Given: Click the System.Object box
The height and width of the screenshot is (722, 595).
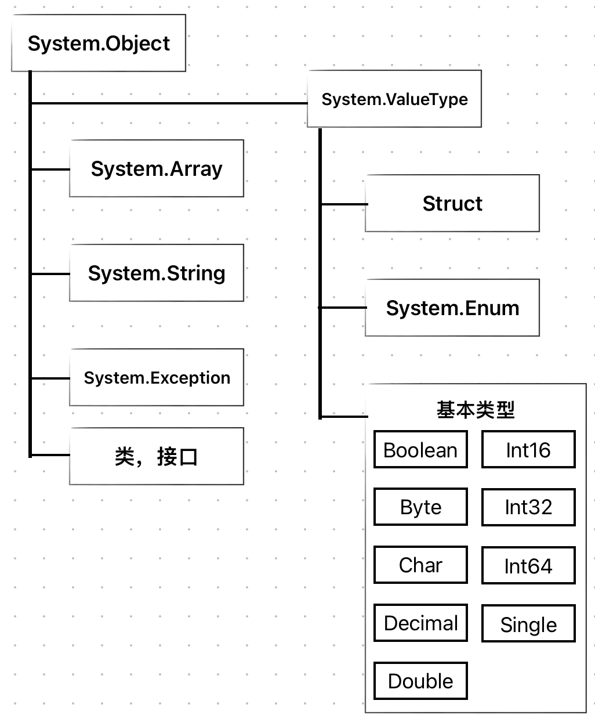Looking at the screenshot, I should click(x=99, y=44).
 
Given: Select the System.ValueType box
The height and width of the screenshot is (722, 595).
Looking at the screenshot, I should click(x=394, y=99).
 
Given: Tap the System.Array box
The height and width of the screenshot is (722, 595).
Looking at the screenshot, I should click(x=157, y=169).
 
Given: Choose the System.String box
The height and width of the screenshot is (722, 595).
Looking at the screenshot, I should click(x=157, y=273).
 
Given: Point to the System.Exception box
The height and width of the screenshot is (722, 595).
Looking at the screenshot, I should click(x=157, y=378).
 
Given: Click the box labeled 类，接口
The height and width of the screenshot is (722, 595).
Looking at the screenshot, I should click(x=157, y=457).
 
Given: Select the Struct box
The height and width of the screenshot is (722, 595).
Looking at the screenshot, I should click(x=452, y=204).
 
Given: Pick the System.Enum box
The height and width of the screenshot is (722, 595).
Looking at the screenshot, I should click(x=452, y=308).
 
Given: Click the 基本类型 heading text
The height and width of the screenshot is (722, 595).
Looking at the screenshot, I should click(x=476, y=410).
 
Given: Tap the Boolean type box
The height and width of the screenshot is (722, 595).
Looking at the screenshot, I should click(x=420, y=450).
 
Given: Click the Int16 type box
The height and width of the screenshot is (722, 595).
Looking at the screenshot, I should click(x=528, y=450).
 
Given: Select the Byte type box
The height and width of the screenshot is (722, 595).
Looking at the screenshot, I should click(x=420, y=507).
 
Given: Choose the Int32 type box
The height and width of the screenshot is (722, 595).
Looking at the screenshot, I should click(x=528, y=507).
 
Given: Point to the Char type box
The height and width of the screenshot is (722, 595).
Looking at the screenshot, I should click(x=420, y=565).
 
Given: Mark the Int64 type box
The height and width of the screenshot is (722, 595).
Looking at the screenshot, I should click(x=528, y=566).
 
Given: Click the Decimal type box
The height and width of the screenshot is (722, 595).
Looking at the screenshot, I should click(x=420, y=623).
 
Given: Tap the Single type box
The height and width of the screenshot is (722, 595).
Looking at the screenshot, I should click(x=528, y=624).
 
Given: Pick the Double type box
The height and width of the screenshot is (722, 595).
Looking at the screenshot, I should click(x=420, y=681).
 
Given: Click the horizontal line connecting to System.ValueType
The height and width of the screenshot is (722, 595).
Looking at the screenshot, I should click(x=168, y=103).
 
